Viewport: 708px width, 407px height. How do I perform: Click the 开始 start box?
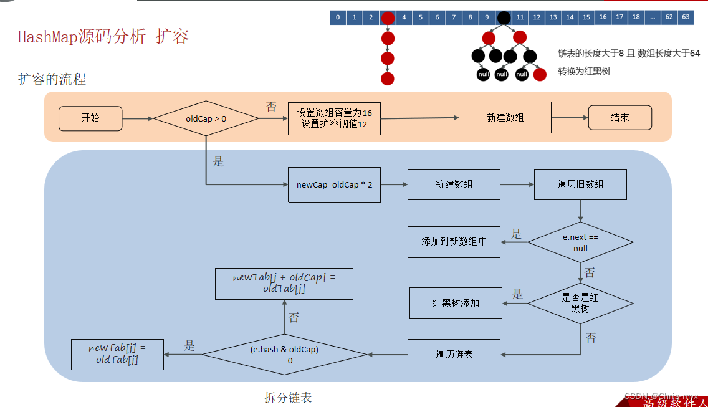click(x=90, y=118)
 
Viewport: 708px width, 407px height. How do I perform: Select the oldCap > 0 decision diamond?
click(x=206, y=118)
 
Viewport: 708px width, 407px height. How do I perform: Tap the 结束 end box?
click(x=619, y=118)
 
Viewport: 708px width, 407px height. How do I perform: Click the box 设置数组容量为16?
click(x=334, y=118)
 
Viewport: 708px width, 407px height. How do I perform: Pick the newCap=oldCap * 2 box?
click(x=334, y=184)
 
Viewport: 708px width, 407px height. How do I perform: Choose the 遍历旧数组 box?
click(x=580, y=184)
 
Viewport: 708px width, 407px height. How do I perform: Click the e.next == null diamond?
click(x=580, y=242)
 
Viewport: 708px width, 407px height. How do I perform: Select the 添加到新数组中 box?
click(x=454, y=242)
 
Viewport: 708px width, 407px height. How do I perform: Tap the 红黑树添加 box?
click(x=456, y=303)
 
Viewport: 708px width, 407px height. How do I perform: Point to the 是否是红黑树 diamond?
click(x=580, y=303)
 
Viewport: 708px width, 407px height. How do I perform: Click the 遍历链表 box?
click(x=454, y=354)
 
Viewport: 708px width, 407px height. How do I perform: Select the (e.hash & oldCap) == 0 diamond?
click(x=284, y=355)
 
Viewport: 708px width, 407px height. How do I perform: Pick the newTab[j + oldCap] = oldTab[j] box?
click(x=284, y=283)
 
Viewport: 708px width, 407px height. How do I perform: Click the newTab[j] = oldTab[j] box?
click(x=117, y=354)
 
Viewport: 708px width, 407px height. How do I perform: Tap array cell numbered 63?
click(x=686, y=17)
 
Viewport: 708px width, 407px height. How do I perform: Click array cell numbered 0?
click(x=338, y=17)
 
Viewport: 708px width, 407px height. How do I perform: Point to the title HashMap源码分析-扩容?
click(x=103, y=37)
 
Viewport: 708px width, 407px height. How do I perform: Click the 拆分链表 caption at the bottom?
click(x=288, y=397)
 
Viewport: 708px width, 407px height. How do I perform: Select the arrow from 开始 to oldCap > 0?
click(x=137, y=118)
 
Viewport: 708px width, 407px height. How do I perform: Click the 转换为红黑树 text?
click(x=584, y=71)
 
